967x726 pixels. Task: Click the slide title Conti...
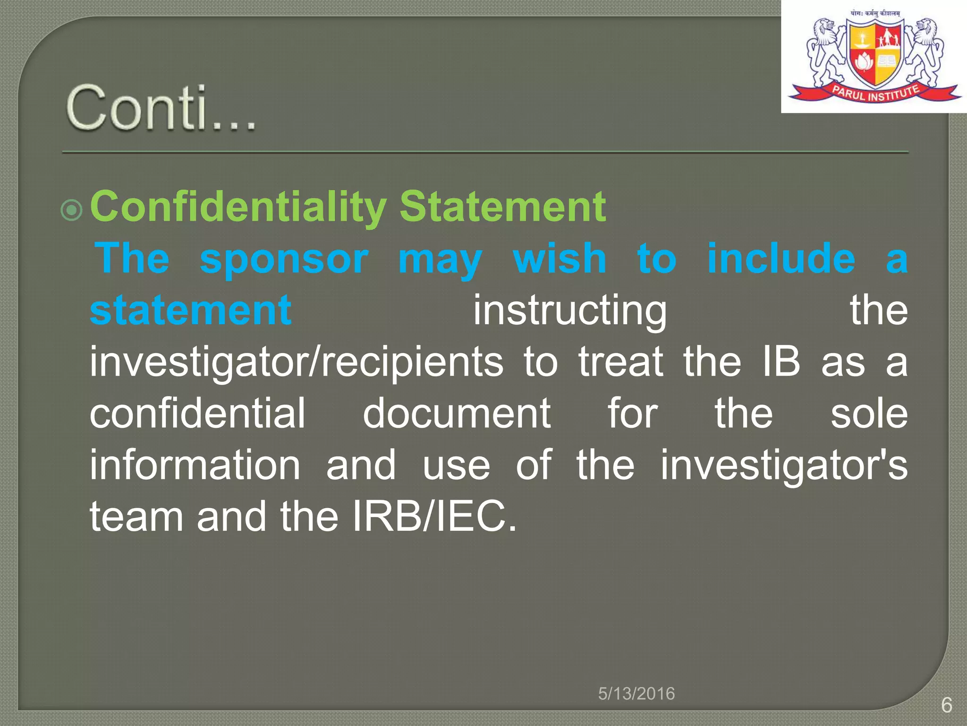(161, 108)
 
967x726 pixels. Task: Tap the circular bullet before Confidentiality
(72, 209)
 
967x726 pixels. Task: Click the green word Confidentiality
(238, 207)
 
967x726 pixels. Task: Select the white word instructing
(570, 311)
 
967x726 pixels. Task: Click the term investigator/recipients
(297, 363)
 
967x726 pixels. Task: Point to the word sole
(869, 414)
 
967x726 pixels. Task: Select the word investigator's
(784, 466)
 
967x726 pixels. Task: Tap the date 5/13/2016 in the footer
(636, 694)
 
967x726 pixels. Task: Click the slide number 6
(946, 705)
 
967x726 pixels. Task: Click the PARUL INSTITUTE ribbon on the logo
(875, 93)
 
